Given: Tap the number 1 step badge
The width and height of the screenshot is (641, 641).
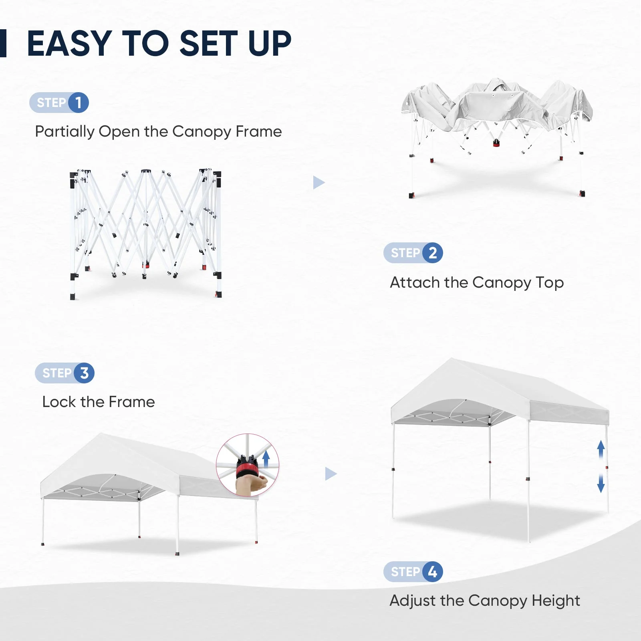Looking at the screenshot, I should tap(78, 103).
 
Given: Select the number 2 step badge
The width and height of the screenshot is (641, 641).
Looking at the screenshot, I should tap(433, 253).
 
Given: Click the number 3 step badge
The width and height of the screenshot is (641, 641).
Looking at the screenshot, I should tap(84, 373).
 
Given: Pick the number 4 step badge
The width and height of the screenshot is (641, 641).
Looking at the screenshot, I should tap(433, 572).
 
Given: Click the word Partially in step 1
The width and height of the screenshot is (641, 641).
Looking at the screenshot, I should tap(65, 132).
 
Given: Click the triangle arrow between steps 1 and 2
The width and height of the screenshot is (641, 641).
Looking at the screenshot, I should tap(318, 183).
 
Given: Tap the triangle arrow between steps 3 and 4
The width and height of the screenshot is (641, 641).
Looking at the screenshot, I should tap(330, 474).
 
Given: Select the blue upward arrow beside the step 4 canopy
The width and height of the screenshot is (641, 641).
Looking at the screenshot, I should tap(601, 449).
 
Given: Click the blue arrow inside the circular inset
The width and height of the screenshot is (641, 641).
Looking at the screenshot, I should tap(266, 459).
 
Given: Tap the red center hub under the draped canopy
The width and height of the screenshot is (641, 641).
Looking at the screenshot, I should tap(496, 143).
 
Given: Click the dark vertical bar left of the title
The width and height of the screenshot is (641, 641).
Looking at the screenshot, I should tap(3, 43).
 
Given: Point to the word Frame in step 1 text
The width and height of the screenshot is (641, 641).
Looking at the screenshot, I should tap(258, 131).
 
